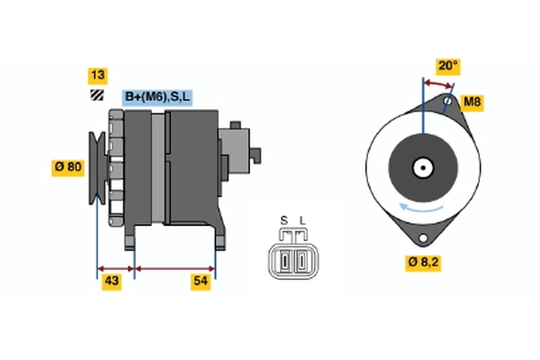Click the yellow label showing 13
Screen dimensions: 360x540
tap(96, 76)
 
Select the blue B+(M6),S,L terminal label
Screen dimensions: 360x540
tap(158, 97)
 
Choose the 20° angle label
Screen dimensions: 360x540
tap(448, 66)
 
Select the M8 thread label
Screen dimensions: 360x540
tap(472, 103)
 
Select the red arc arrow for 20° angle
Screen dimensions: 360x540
tap(437, 83)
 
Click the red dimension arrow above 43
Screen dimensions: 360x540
tap(115, 267)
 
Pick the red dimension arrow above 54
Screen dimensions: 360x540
tap(175, 267)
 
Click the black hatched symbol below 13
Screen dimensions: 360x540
tap(96, 95)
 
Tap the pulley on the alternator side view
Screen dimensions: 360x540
tap(98, 166)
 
